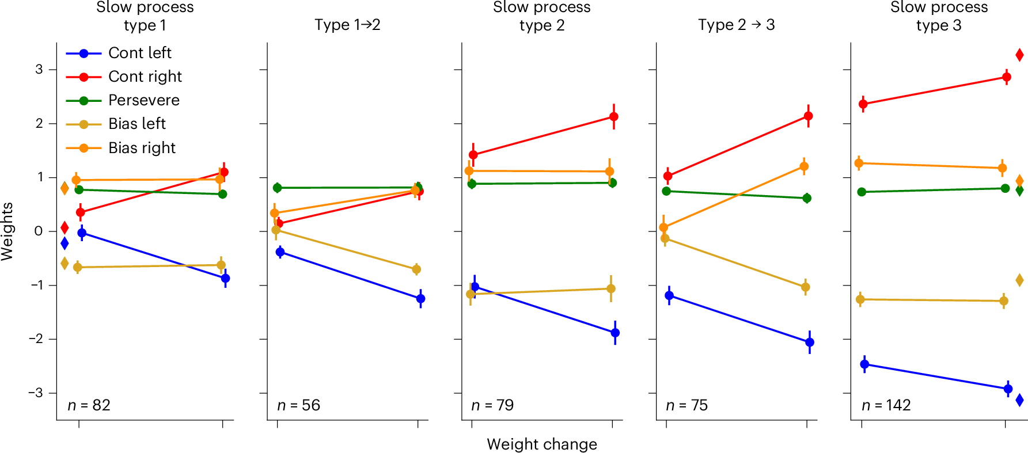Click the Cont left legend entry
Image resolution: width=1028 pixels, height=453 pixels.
click(x=139, y=53)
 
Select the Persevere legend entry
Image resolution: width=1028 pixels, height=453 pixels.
click(x=143, y=100)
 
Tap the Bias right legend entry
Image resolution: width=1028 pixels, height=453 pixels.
click(x=142, y=148)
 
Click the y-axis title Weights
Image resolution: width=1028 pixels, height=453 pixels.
click(x=7, y=231)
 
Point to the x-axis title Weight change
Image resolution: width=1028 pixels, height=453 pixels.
click(x=541, y=444)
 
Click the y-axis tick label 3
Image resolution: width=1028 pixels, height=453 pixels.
click(x=39, y=70)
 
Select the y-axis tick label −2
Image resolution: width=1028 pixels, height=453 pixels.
click(x=36, y=339)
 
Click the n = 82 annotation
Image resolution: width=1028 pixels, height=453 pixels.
click(x=89, y=405)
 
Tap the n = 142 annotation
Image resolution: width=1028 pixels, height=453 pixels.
click(x=886, y=405)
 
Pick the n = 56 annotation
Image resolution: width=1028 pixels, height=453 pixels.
click(x=298, y=405)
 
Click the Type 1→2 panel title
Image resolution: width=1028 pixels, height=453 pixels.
click(x=347, y=25)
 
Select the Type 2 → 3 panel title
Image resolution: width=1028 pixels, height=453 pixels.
click(x=736, y=25)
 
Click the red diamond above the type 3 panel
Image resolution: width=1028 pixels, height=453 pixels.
click(x=1019, y=55)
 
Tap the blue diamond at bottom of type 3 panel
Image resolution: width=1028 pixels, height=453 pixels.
click(x=1019, y=400)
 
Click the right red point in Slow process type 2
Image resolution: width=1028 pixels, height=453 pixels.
click(x=614, y=117)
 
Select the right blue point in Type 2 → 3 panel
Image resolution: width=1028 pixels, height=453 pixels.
click(x=810, y=342)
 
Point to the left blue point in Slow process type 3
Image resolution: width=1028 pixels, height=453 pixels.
click(x=864, y=364)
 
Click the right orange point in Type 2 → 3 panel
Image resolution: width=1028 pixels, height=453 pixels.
click(x=804, y=167)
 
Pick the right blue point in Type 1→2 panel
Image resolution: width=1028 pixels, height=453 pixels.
click(x=420, y=299)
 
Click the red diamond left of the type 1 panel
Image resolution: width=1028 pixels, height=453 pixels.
click(x=65, y=227)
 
